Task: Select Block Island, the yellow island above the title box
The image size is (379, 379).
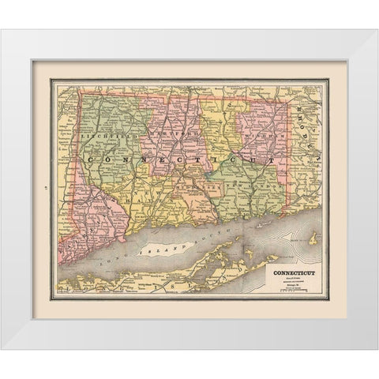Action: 314,238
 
